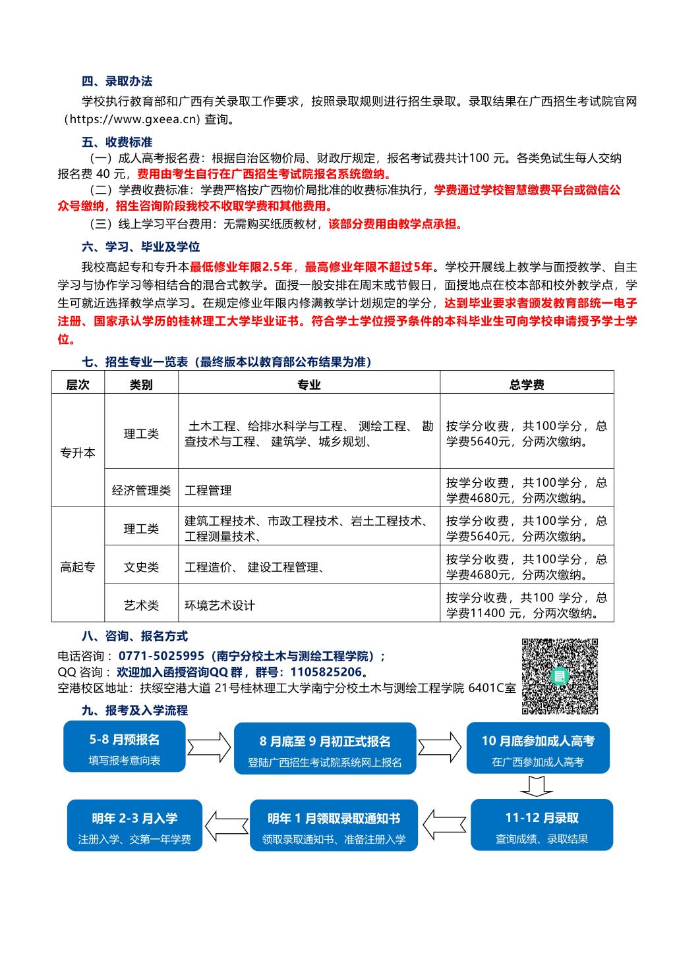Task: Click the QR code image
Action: (560, 676)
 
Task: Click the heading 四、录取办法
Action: (117, 82)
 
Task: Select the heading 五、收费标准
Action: (117, 142)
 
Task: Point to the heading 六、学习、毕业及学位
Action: (140, 247)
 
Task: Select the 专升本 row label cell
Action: (78, 453)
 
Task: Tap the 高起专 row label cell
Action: (78, 567)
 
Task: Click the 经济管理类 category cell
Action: (141, 491)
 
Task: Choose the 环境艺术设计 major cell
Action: (220, 605)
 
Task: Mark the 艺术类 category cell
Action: (141, 605)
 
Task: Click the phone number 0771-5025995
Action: (161, 657)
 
